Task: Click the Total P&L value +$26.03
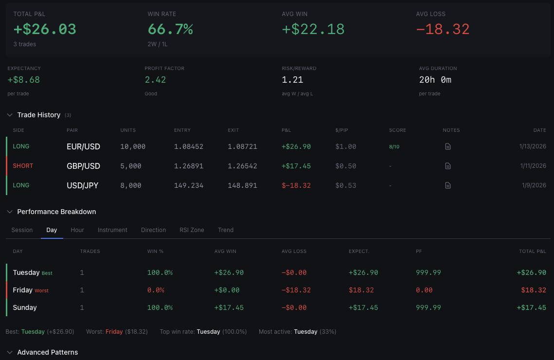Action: pos(45,29)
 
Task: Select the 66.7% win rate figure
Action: pos(170,29)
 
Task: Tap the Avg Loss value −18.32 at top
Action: pos(443,29)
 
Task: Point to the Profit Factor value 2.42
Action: pos(155,80)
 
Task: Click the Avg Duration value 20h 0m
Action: pos(435,80)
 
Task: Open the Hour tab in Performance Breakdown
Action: pos(77,230)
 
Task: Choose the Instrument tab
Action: pos(112,230)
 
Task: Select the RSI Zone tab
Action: pos(192,230)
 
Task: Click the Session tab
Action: pos(22,230)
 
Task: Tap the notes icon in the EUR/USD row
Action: pos(448,146)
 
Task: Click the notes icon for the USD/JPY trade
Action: pos(448,185)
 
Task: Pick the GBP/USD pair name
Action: pos(83,166)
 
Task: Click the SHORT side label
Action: pos(23,166)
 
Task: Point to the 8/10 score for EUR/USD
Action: pos(394,146)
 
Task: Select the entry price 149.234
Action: pos(189,185)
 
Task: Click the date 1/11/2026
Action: pos(533,166)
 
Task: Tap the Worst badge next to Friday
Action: pos(42,290)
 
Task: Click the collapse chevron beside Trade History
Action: pos(10,115)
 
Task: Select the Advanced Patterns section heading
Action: pos(47,352)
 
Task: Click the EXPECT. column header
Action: pos(359,252)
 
